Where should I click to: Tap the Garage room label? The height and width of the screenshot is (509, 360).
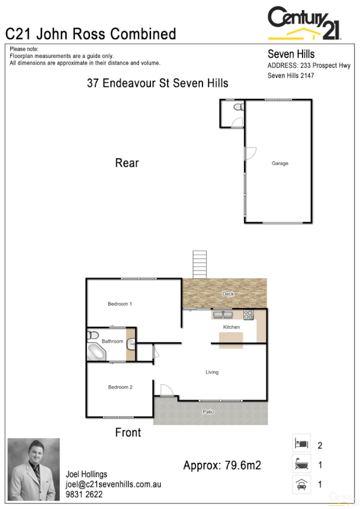coord(280,163)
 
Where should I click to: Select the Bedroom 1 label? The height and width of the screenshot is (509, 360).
coord(120,304)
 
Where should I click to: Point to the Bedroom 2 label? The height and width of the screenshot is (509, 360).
coord(120,387)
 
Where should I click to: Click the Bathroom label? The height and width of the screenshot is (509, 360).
coord(112,341)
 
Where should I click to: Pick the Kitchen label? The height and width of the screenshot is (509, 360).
coord(231,327)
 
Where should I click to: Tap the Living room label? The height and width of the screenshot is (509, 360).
coord(212,372)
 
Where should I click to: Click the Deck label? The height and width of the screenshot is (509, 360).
coord(228,294)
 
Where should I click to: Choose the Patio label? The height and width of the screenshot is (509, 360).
coord(208,412)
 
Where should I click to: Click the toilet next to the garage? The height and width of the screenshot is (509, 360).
coord(238,107)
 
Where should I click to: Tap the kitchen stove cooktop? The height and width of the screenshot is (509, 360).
coord(249,314)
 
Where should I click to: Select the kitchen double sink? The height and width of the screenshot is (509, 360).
coord(222,314)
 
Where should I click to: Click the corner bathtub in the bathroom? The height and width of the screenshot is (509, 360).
coord(96,352)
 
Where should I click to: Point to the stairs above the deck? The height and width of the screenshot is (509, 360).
coord(199,264)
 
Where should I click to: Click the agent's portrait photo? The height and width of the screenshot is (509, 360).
coord(34,469)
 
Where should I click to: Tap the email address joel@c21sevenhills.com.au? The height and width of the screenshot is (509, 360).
coord(113,484)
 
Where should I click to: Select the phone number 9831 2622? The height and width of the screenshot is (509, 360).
coord(84,495)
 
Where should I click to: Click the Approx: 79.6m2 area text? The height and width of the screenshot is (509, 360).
coord(222,465)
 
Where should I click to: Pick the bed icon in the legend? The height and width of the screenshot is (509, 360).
coord(300,444)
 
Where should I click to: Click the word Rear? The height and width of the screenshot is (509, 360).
coord(127,162)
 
